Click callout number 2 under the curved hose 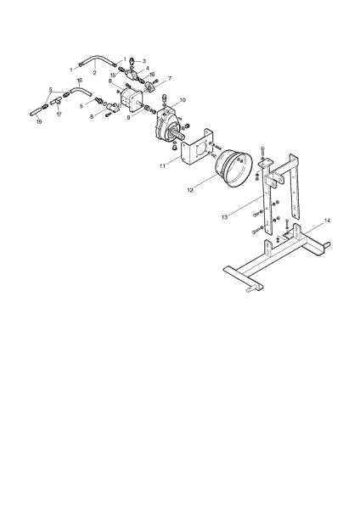click(94, 73)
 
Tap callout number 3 click(144, 61)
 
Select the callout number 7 click(169, 78)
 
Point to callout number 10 click(183, 99)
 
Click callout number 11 click(163, 165)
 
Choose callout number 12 click(190, 190)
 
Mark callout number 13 click(225, 217)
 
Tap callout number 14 click(327, 221)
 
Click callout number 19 click(39, 121)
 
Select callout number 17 click(59, 115)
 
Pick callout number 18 click(79, 81)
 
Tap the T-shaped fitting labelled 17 click(56, 101)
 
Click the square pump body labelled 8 click(132, 99)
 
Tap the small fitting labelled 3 click(132, 61)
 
